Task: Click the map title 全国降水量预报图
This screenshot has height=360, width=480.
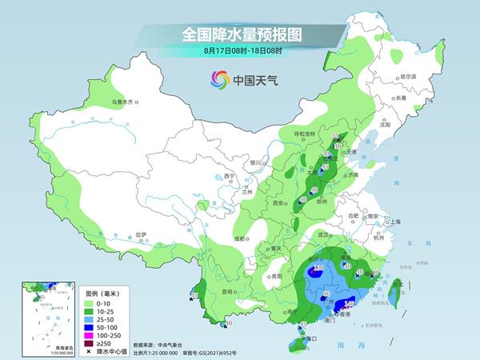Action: tap(241, 34)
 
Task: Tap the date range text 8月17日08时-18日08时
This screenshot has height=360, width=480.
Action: tap(241, 50)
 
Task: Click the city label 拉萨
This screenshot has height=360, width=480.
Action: tap(142, 234)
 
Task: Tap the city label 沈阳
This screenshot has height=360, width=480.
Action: tap(386, 124)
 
